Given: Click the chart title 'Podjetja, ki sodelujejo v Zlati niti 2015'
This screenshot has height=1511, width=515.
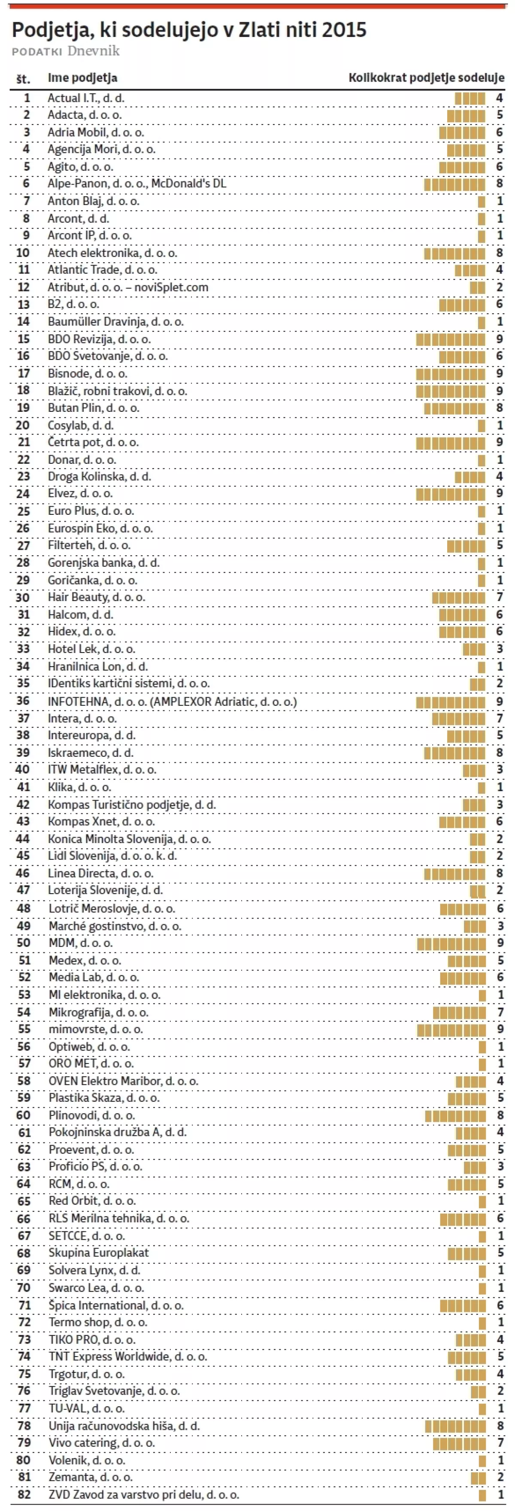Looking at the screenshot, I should pos(189,30).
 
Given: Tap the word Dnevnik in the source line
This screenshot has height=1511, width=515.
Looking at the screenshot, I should pos(93,51).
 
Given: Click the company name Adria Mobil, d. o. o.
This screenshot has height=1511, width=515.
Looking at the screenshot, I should pos(96,132).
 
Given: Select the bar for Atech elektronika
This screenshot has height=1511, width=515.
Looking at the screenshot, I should pos(454,253).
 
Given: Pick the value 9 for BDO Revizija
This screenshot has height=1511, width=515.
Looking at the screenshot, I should pos(499,339).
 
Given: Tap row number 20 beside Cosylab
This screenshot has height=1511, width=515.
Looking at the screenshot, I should pos(23,425).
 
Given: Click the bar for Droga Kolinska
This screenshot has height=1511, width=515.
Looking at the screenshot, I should pos(470,476).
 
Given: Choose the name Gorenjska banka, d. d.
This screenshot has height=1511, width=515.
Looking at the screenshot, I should pos(103,562).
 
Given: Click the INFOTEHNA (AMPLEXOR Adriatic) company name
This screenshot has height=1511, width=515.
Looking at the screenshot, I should pos(172,701).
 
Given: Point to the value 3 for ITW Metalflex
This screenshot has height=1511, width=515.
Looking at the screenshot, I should pos(499,770).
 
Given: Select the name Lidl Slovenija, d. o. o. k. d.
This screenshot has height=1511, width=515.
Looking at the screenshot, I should pos(112,856).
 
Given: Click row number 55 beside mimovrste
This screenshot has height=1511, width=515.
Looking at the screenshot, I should pos(24,1029).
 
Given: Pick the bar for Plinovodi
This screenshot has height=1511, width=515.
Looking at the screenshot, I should pos(456,1115).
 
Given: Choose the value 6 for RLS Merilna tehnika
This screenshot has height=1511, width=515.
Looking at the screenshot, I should pos(500,1218).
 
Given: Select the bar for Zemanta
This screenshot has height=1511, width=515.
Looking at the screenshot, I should pos(478,1477).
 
